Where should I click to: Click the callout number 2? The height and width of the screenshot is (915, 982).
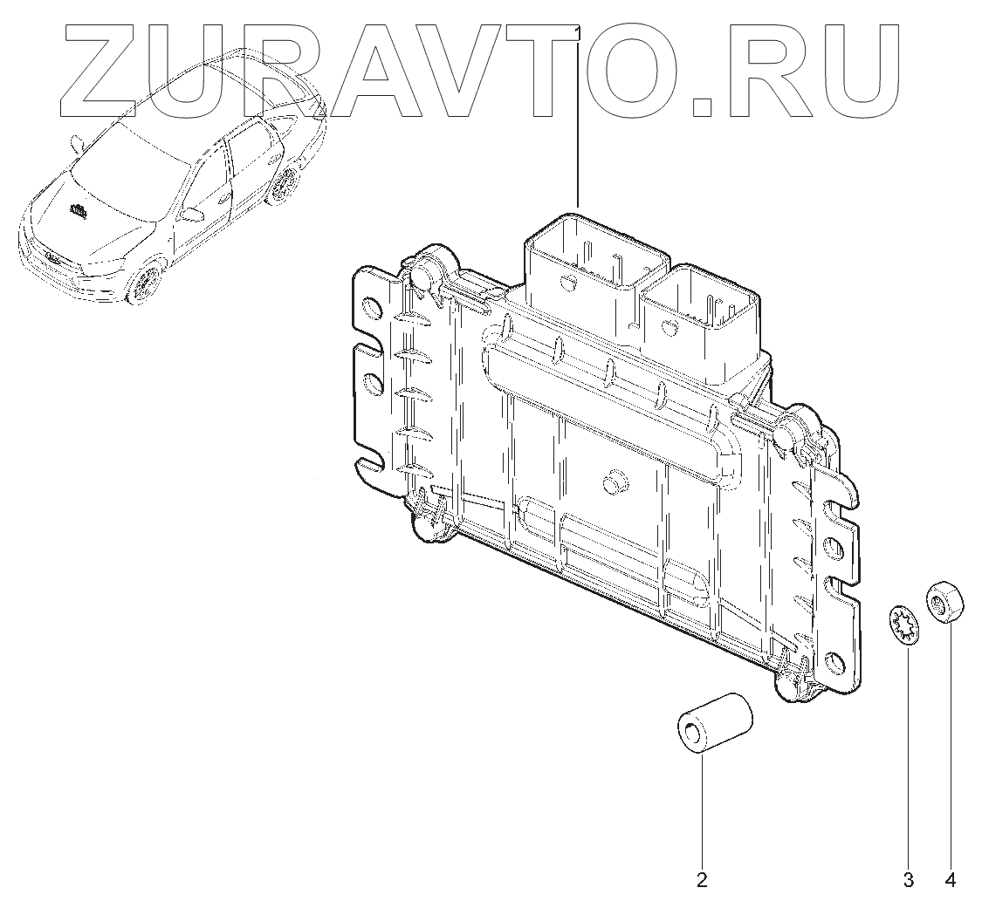[702, 880]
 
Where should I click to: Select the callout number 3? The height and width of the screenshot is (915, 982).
[908, 880]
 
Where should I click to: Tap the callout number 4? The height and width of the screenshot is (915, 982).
[950, 880]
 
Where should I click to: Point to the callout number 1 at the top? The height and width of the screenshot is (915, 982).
[578, 31]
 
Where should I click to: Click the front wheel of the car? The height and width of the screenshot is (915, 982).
[145, 279]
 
